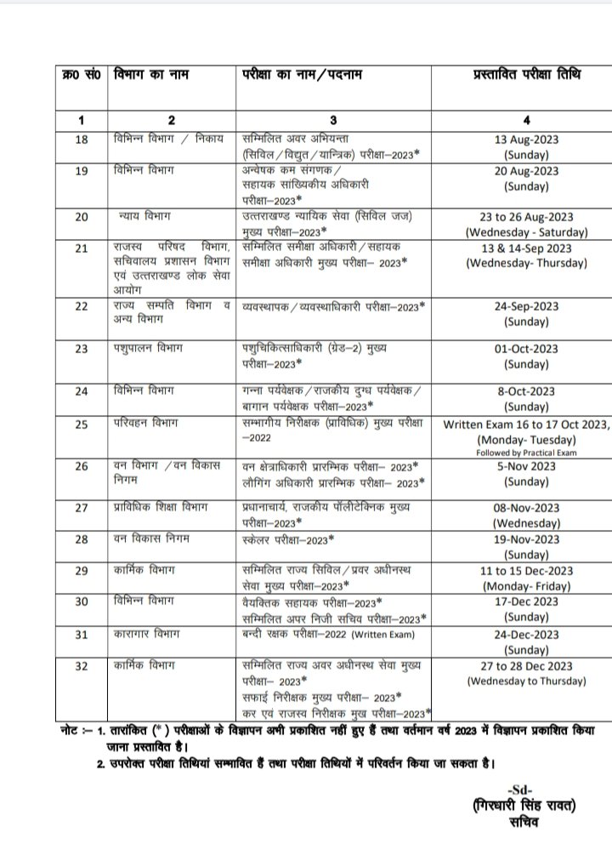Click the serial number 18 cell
point(81,140)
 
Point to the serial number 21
point(81,248)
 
